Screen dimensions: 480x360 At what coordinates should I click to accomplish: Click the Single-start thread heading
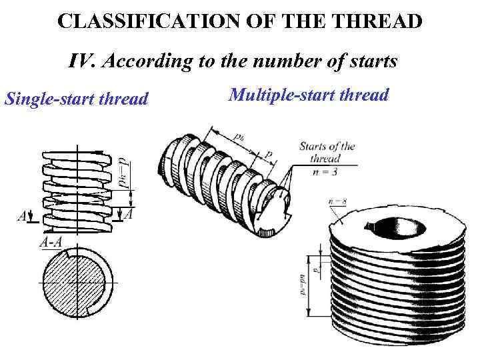[76, 99]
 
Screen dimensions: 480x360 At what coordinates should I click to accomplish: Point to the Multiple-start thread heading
[308, 95]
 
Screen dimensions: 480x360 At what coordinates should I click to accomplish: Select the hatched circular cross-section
[79, 287]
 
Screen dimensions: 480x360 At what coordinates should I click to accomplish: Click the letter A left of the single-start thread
[22, 217]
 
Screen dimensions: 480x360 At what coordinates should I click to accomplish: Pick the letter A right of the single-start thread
[129, 215]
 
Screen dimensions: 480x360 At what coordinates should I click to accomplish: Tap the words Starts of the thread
[327, 153]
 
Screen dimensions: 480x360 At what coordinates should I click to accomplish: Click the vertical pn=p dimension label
[123, 173]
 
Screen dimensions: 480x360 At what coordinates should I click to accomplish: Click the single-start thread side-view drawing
[78, 190]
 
